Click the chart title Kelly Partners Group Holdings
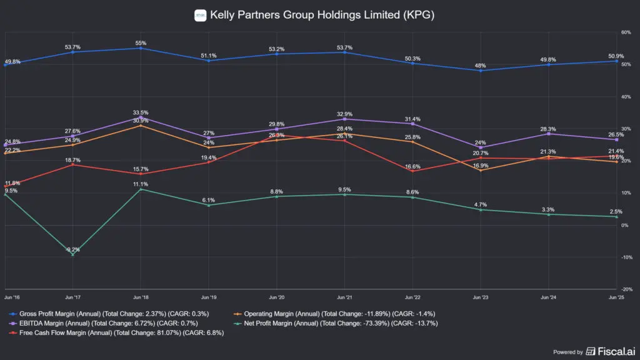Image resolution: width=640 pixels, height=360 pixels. pyautogui.click(x=322, y=14)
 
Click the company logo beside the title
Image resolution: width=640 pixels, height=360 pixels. pyautogui.click(x=201, y=14)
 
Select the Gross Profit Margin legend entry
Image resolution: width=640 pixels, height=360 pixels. pyautogui.click(x=109, y=313)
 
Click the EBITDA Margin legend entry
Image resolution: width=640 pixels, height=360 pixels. pyautogui.click(x=104, y=323)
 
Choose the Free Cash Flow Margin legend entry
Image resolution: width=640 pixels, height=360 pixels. pyautogui.click(x=117, y=333)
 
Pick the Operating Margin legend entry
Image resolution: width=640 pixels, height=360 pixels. pyautogui.click(x=334, y=313)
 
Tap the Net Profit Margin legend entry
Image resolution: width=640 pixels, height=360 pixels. pyautogui.click(x=341, y=323)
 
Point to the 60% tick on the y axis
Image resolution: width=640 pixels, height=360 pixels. pyautogui.click(x=625, y=32)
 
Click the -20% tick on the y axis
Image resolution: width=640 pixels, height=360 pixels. pyautogui.click(x=624, y=289)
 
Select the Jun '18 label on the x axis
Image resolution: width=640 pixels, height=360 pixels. pyautogui.click(x=141, y=297)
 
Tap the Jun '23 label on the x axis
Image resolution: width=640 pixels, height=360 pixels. pyautogui.click(x=480, y=297)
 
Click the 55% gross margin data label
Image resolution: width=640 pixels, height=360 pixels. pyautogui.click(x=141, y=43)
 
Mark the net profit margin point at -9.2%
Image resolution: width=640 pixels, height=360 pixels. pyautogui.click(x=72, y=254)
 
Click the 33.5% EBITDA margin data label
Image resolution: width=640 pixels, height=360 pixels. pyautogui.click(x=141, y=112)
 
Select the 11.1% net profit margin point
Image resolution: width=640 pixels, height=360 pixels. pyautogui.click(x=141, y=189)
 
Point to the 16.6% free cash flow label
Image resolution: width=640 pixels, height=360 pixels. pyautogui.click(x=412, y=166)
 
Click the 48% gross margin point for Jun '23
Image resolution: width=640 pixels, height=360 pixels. pyautogui.click(x=480, y=71)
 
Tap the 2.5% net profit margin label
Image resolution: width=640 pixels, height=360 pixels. pyautogui.click(x=616, y=211)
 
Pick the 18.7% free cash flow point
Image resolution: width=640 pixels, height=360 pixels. pyautogui.click(x=72, y=164)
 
